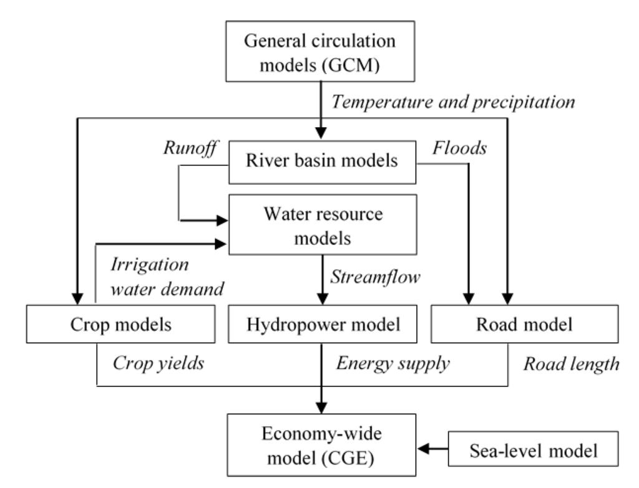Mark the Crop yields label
click(x=158, y=364)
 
